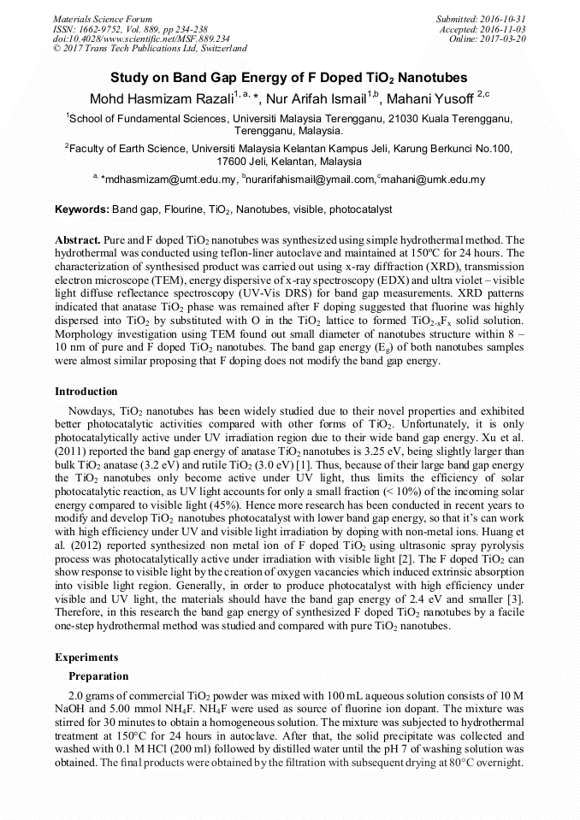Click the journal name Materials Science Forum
click(103, 19)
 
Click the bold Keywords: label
click(82, 209)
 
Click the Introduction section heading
click(86, 392)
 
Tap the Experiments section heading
click(87, 658)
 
